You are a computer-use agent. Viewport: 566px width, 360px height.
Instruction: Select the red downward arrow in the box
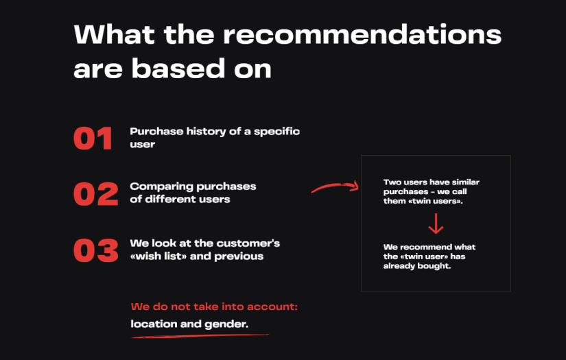pos(436,224)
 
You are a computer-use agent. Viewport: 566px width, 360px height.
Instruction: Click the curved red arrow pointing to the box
pos(335,187)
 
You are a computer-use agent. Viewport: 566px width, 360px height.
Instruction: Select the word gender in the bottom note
pos(226,324)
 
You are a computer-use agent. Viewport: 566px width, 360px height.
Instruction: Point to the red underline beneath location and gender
pos(199,336)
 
